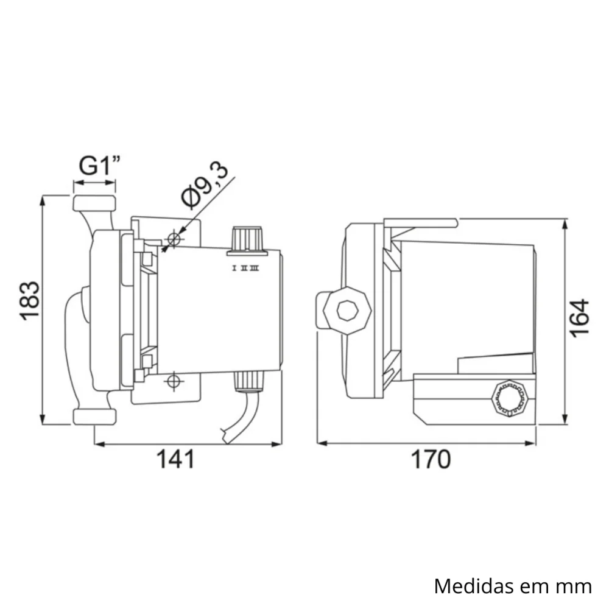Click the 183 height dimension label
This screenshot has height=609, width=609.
click(x=30, y=300)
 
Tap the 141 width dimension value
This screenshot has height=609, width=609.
click(x=176, y=459)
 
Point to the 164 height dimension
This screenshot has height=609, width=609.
click(x=580, y=317)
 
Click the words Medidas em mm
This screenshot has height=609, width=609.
click(x=513, y=586)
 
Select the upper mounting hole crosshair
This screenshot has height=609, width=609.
click(x=174, y=239)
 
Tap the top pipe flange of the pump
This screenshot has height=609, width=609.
click(x=94, y=203)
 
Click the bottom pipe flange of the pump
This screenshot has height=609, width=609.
click(x=94, y=417)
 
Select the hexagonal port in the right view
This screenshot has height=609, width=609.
click(x=347, y=311)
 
